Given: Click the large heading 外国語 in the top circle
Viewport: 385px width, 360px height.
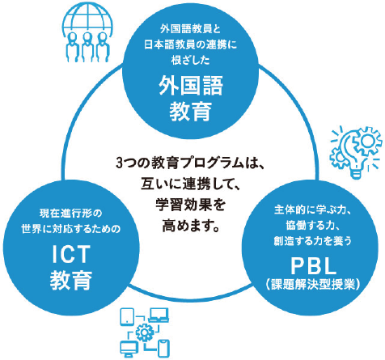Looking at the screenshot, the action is point(191,85).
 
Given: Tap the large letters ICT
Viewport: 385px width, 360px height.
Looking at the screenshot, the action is point(71,254).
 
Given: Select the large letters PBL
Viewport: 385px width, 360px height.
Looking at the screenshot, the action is point(313,266).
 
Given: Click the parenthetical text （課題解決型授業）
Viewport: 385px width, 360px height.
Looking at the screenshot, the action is point(313,284).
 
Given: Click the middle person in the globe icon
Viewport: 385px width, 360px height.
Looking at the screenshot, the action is point(87,47).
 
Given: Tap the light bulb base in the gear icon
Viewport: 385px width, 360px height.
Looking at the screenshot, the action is point(356,172).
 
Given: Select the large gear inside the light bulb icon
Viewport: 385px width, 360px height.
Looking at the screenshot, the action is point(367,141).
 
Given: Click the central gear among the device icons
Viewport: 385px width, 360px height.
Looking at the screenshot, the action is point(145,332).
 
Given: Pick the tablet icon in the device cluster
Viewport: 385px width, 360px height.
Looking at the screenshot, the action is point(127,316).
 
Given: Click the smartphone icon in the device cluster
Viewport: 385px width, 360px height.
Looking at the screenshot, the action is point(163,349).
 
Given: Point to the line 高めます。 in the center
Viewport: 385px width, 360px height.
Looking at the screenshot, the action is point(191,226).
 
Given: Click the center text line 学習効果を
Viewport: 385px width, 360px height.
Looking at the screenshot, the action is point(191,205).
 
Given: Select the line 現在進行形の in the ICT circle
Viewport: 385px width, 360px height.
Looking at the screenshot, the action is point(71,214).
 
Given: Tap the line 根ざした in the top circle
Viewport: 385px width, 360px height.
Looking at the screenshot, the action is point(191,60).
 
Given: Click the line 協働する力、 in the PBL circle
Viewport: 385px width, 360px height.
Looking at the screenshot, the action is point(313,226).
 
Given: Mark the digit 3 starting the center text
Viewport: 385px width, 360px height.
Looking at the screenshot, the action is point(120,163).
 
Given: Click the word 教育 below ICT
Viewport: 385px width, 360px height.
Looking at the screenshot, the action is point(71,280).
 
